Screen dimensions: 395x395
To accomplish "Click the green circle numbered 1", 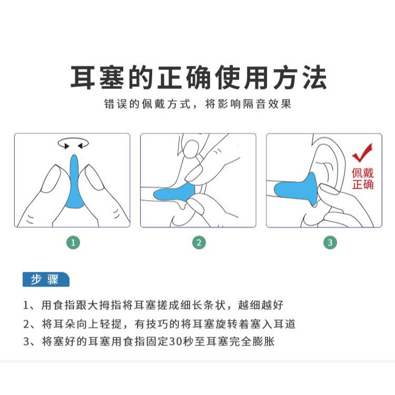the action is pos(73,243).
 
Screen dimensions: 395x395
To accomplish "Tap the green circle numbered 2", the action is pos(199,243).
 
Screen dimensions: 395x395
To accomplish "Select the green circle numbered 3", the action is pos(330,243).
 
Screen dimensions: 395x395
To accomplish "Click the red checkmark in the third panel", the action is pos(362,153).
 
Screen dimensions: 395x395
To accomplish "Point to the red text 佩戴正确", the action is pos(362,179).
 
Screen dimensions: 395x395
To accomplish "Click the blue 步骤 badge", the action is pos(46,279).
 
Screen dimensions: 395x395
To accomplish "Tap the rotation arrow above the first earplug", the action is pos(73,143).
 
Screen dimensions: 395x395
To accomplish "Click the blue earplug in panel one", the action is pos(74,182).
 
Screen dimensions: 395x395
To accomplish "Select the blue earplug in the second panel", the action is pos(174,192).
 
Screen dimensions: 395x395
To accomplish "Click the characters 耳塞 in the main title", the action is pos(97,77).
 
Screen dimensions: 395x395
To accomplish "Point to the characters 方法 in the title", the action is pos(300,77).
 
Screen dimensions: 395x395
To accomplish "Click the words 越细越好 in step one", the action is pos(261,305).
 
